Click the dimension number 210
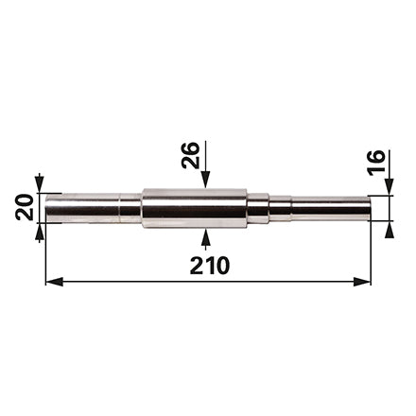click(210, 265)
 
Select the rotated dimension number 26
click(191, 155)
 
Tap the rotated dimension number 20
click(25, 207)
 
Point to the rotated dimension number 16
click(376, 161)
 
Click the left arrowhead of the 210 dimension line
click(54, 282)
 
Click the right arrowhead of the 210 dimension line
click(362, 282)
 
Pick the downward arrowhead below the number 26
click(205, 180)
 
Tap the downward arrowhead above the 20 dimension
click(39, 184)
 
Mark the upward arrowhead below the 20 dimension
click(39, 232)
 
